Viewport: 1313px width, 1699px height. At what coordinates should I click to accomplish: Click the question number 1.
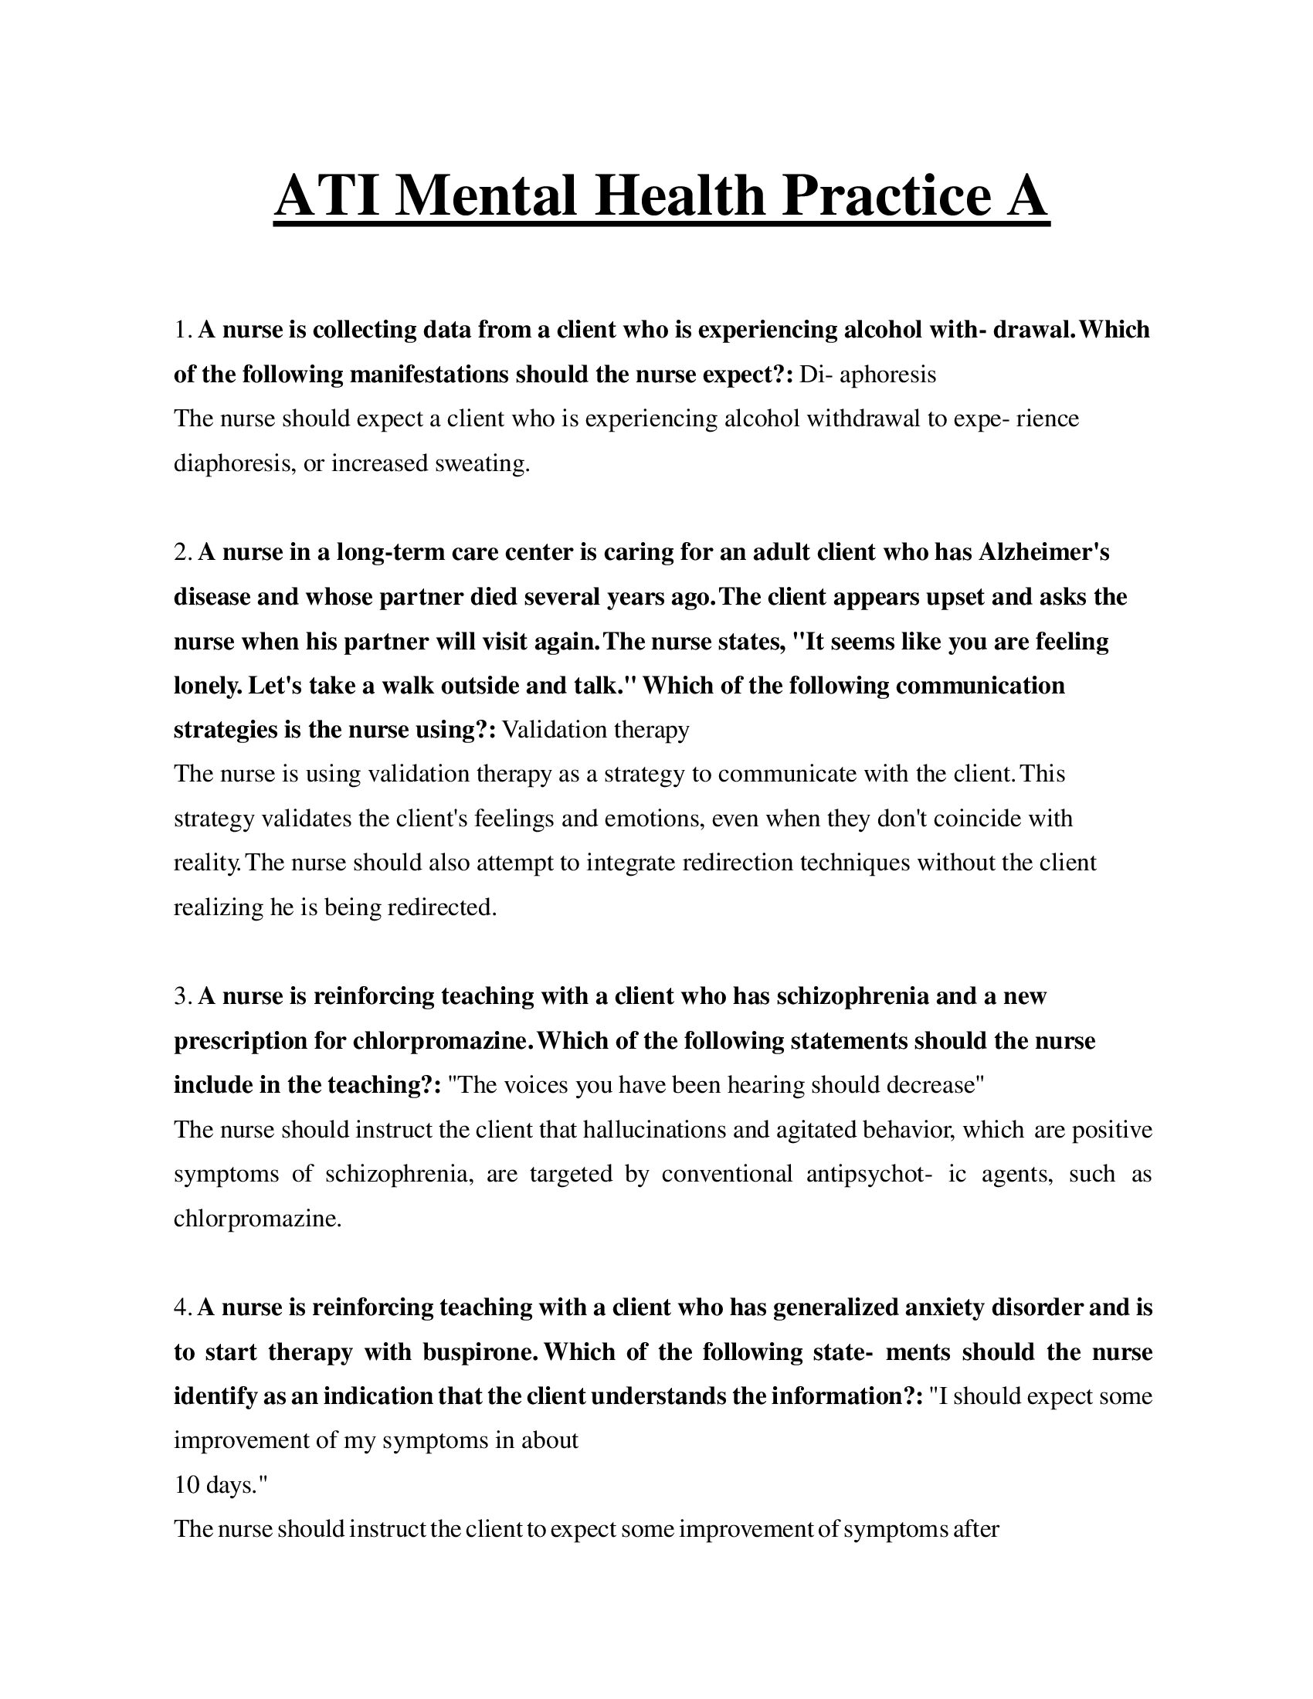click(x=182, y=330)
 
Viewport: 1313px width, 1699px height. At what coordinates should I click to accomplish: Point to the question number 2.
click(x=182, y=552)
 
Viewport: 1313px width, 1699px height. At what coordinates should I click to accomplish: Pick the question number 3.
click(x=182, y=995)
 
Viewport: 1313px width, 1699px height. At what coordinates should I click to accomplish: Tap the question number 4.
click(x=182, y=1307)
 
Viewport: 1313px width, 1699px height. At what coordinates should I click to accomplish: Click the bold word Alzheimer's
click(x=1043, y=552)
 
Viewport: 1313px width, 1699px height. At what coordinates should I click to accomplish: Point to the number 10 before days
click(x=188, y=1485)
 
